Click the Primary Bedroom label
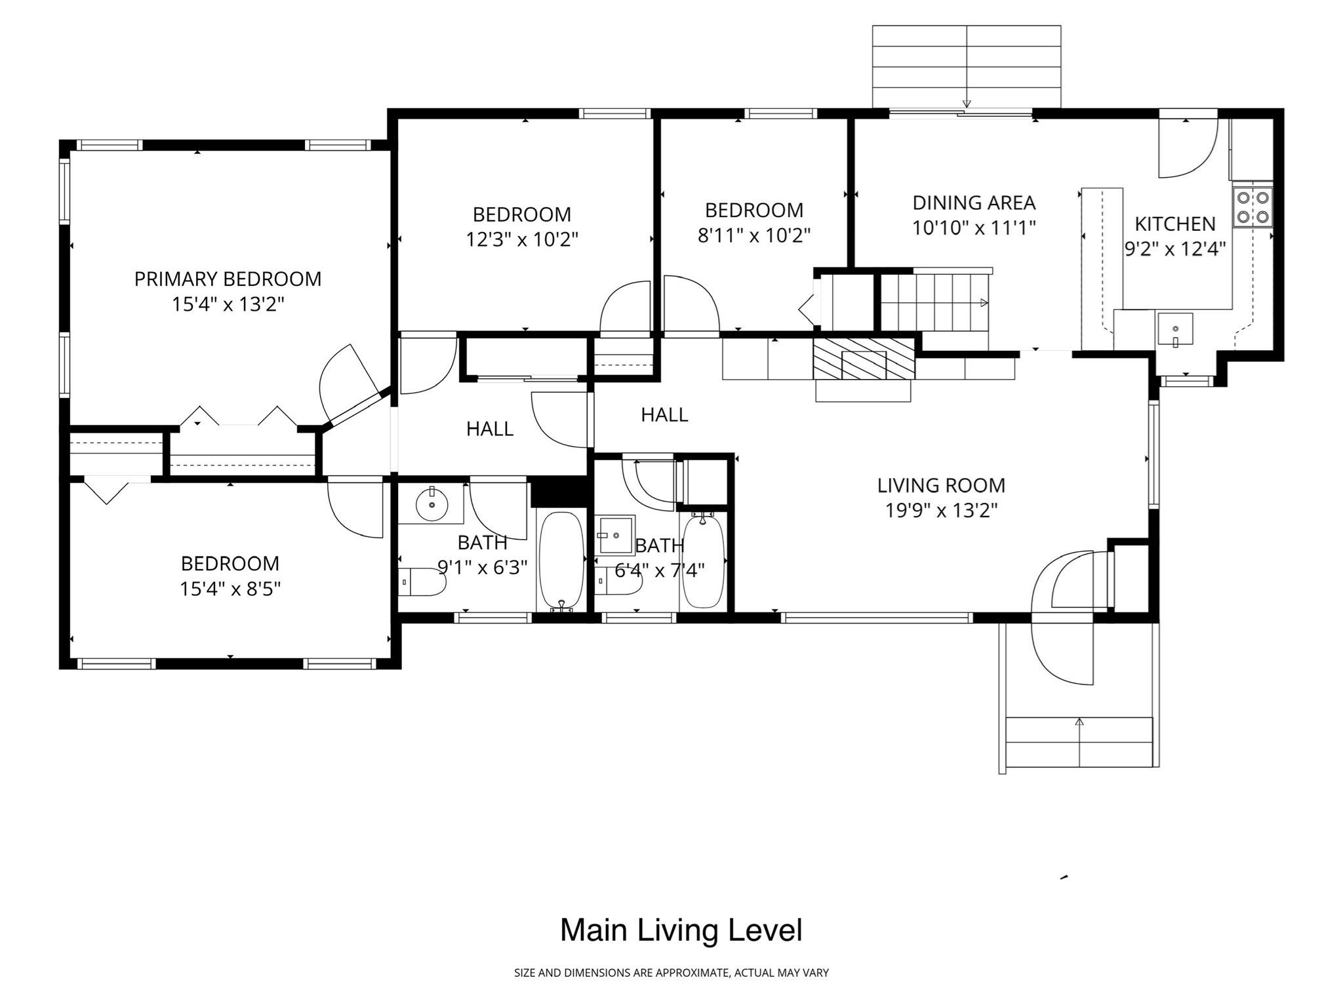[228, 279]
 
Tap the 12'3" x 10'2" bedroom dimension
[522, 239]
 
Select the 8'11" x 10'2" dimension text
[754, 235]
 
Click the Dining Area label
[974, 203]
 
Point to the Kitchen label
[1175, 224]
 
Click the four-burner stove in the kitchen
[1253, 207]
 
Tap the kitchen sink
[1174, 331]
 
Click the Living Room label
[941, 486]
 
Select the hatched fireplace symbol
[864, 360]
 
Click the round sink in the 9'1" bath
[431, 503]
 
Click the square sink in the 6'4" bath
[616, 535]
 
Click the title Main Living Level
[681, 930]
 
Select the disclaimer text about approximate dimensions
[671, 973]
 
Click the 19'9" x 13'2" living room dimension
[941, 511]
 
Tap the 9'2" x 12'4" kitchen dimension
[1175, 249]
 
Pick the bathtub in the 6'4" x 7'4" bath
[703, 561]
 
